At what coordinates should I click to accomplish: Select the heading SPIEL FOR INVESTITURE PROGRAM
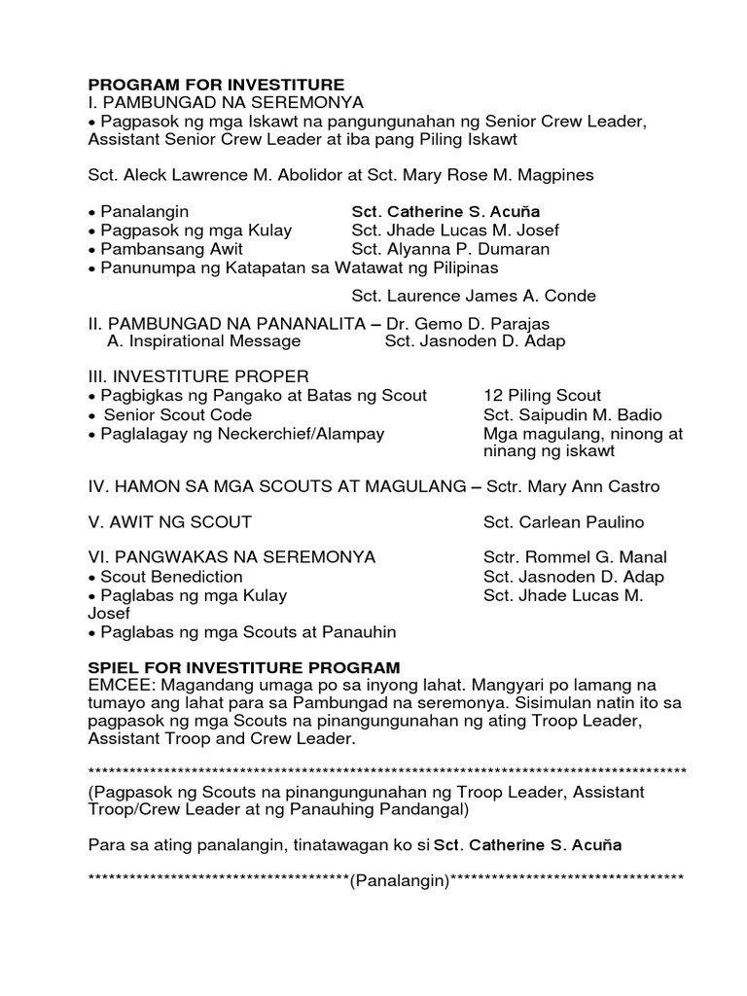pos(243,667)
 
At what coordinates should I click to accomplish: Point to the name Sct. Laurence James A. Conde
pos(473,296)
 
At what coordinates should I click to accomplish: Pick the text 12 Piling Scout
pos(542,396)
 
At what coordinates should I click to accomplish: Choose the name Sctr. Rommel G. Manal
pos(575,558)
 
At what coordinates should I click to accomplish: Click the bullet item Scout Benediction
pos(169,577)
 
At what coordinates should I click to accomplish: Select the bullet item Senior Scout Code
pos(169,415)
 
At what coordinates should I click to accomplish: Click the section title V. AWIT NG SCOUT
pos(169,522)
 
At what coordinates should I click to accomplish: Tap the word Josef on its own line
pos(108,615)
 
